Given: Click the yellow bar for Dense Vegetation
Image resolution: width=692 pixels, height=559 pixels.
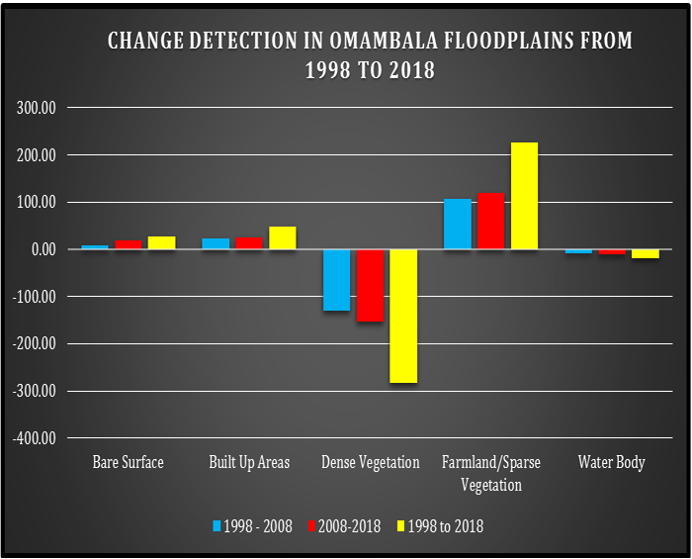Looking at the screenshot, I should click(x=403, y=316).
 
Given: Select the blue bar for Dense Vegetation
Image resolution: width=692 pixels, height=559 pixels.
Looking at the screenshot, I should click(x=336, y=280).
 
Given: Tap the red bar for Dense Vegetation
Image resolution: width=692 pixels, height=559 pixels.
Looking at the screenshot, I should click(x=370, y=285).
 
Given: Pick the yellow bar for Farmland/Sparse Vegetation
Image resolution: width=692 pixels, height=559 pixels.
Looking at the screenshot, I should click(x=524, y=196).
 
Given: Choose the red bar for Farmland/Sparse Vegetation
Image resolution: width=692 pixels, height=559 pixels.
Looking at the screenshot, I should click(x=490, y=221).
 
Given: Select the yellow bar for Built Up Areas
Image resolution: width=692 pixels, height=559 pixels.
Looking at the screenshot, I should click(x=283, y=237).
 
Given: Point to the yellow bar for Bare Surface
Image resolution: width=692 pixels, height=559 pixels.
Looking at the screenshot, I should click(x=161, y=242).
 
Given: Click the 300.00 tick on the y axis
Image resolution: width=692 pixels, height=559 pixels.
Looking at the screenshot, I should click(x=37, y=108).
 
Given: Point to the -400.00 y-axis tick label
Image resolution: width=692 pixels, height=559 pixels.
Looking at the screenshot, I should click(x=35, y=438).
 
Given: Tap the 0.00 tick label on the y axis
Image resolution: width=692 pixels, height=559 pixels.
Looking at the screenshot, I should click(x=43, y=249).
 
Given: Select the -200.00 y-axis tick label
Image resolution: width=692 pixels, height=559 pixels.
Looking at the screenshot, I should click(x=35, y=344).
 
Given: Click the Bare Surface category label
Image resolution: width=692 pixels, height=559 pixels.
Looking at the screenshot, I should click(x=129, y=462).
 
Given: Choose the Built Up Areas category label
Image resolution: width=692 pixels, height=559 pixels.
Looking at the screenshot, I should click(x=249, y=462).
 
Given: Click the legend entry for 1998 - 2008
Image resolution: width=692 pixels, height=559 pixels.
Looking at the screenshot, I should click(x=253, y=525).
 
